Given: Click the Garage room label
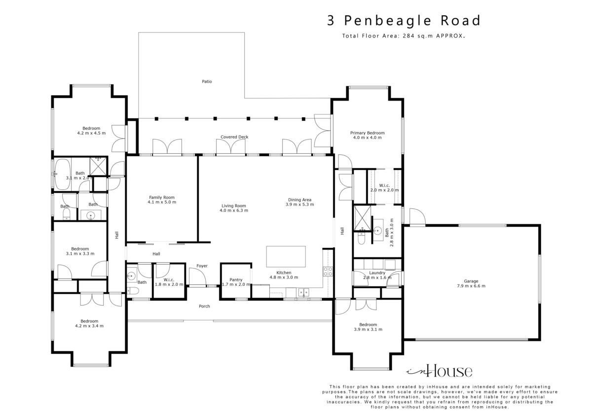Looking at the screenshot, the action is [471, 281].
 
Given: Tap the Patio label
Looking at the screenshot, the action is [207, 82].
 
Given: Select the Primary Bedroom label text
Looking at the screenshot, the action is [368, 133].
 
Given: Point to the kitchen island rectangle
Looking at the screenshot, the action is [286, 257].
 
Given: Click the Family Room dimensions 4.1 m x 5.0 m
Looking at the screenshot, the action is [162, 202].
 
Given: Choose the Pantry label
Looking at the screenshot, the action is [236, 279].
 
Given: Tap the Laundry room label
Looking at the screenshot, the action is [377, 273].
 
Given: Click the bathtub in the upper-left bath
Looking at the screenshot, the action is [63, 174].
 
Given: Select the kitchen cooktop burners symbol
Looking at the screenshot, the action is [328, 272].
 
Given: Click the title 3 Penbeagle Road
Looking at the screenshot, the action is [404, 21].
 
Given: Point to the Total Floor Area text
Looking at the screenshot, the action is [404, 36].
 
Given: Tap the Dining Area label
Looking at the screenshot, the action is [300, 200].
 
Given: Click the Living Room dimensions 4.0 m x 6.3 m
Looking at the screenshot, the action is [234, 210].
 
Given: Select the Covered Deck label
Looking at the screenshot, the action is [234, 137].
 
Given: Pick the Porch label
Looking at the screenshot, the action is [204, 306].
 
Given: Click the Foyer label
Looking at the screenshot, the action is [202, 266].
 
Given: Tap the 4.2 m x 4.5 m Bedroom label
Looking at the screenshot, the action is [91, 131].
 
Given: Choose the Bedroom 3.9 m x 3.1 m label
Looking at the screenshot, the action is [368, 327].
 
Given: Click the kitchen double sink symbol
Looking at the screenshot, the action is [304, 292].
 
